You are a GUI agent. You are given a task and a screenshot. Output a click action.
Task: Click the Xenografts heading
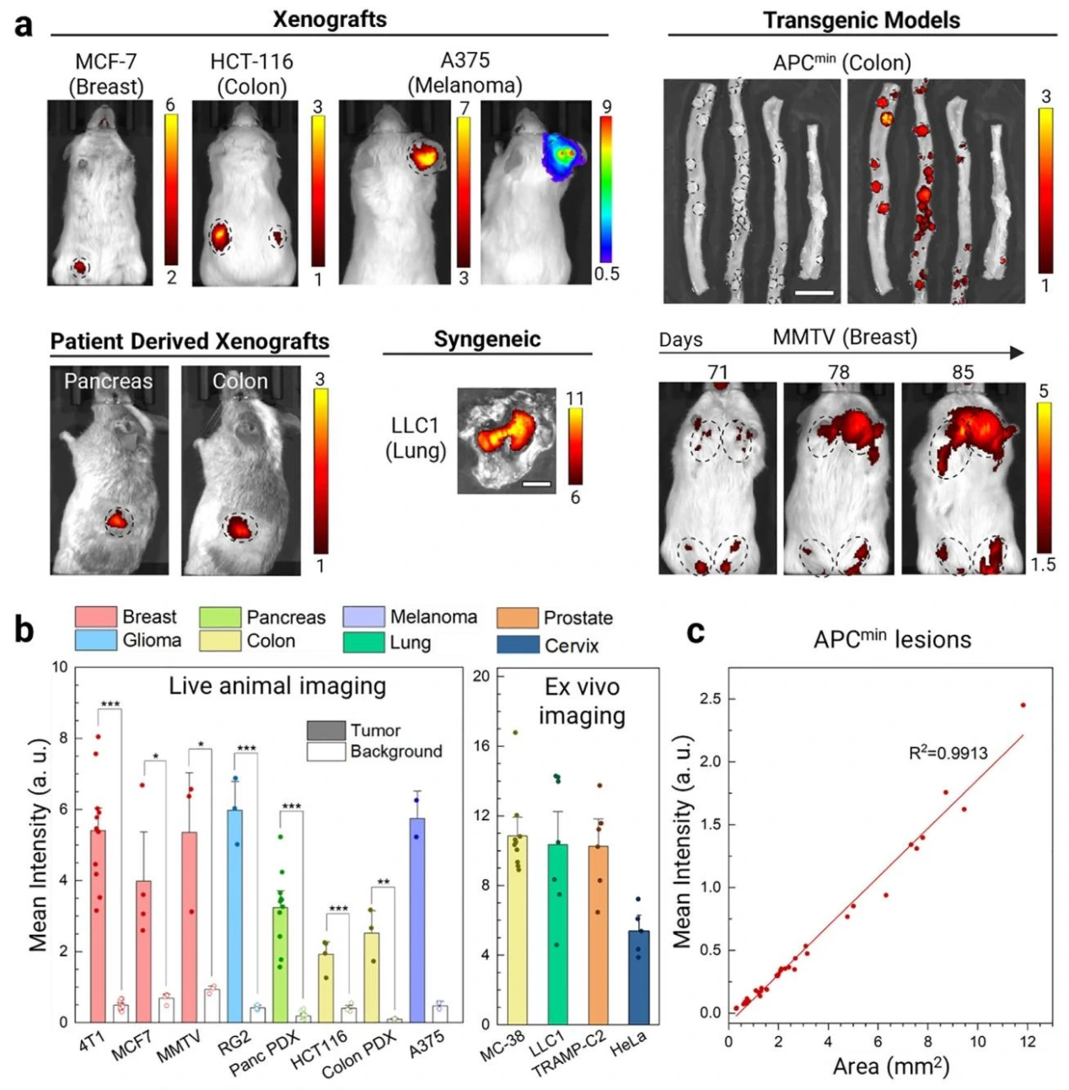330,19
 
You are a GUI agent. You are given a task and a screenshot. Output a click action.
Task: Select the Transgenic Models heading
861,20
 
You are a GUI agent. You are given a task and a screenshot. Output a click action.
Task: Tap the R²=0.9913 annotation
948,753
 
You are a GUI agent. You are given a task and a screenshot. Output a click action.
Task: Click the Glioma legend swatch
95,640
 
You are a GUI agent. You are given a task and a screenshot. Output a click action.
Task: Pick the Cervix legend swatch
518,645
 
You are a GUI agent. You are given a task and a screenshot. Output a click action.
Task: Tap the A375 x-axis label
427,1044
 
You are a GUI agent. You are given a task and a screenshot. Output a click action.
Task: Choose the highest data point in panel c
1023,705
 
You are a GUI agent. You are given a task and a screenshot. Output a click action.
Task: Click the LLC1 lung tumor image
506,438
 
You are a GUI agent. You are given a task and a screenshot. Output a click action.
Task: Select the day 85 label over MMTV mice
963,372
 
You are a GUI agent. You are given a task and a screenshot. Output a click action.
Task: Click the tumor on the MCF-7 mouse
80,267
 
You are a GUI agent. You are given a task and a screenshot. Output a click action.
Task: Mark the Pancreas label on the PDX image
108,381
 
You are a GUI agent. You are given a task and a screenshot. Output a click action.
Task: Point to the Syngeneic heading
486,340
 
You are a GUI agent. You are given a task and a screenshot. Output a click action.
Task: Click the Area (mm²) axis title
890,1066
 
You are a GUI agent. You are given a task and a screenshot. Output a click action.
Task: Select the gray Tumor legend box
325,730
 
